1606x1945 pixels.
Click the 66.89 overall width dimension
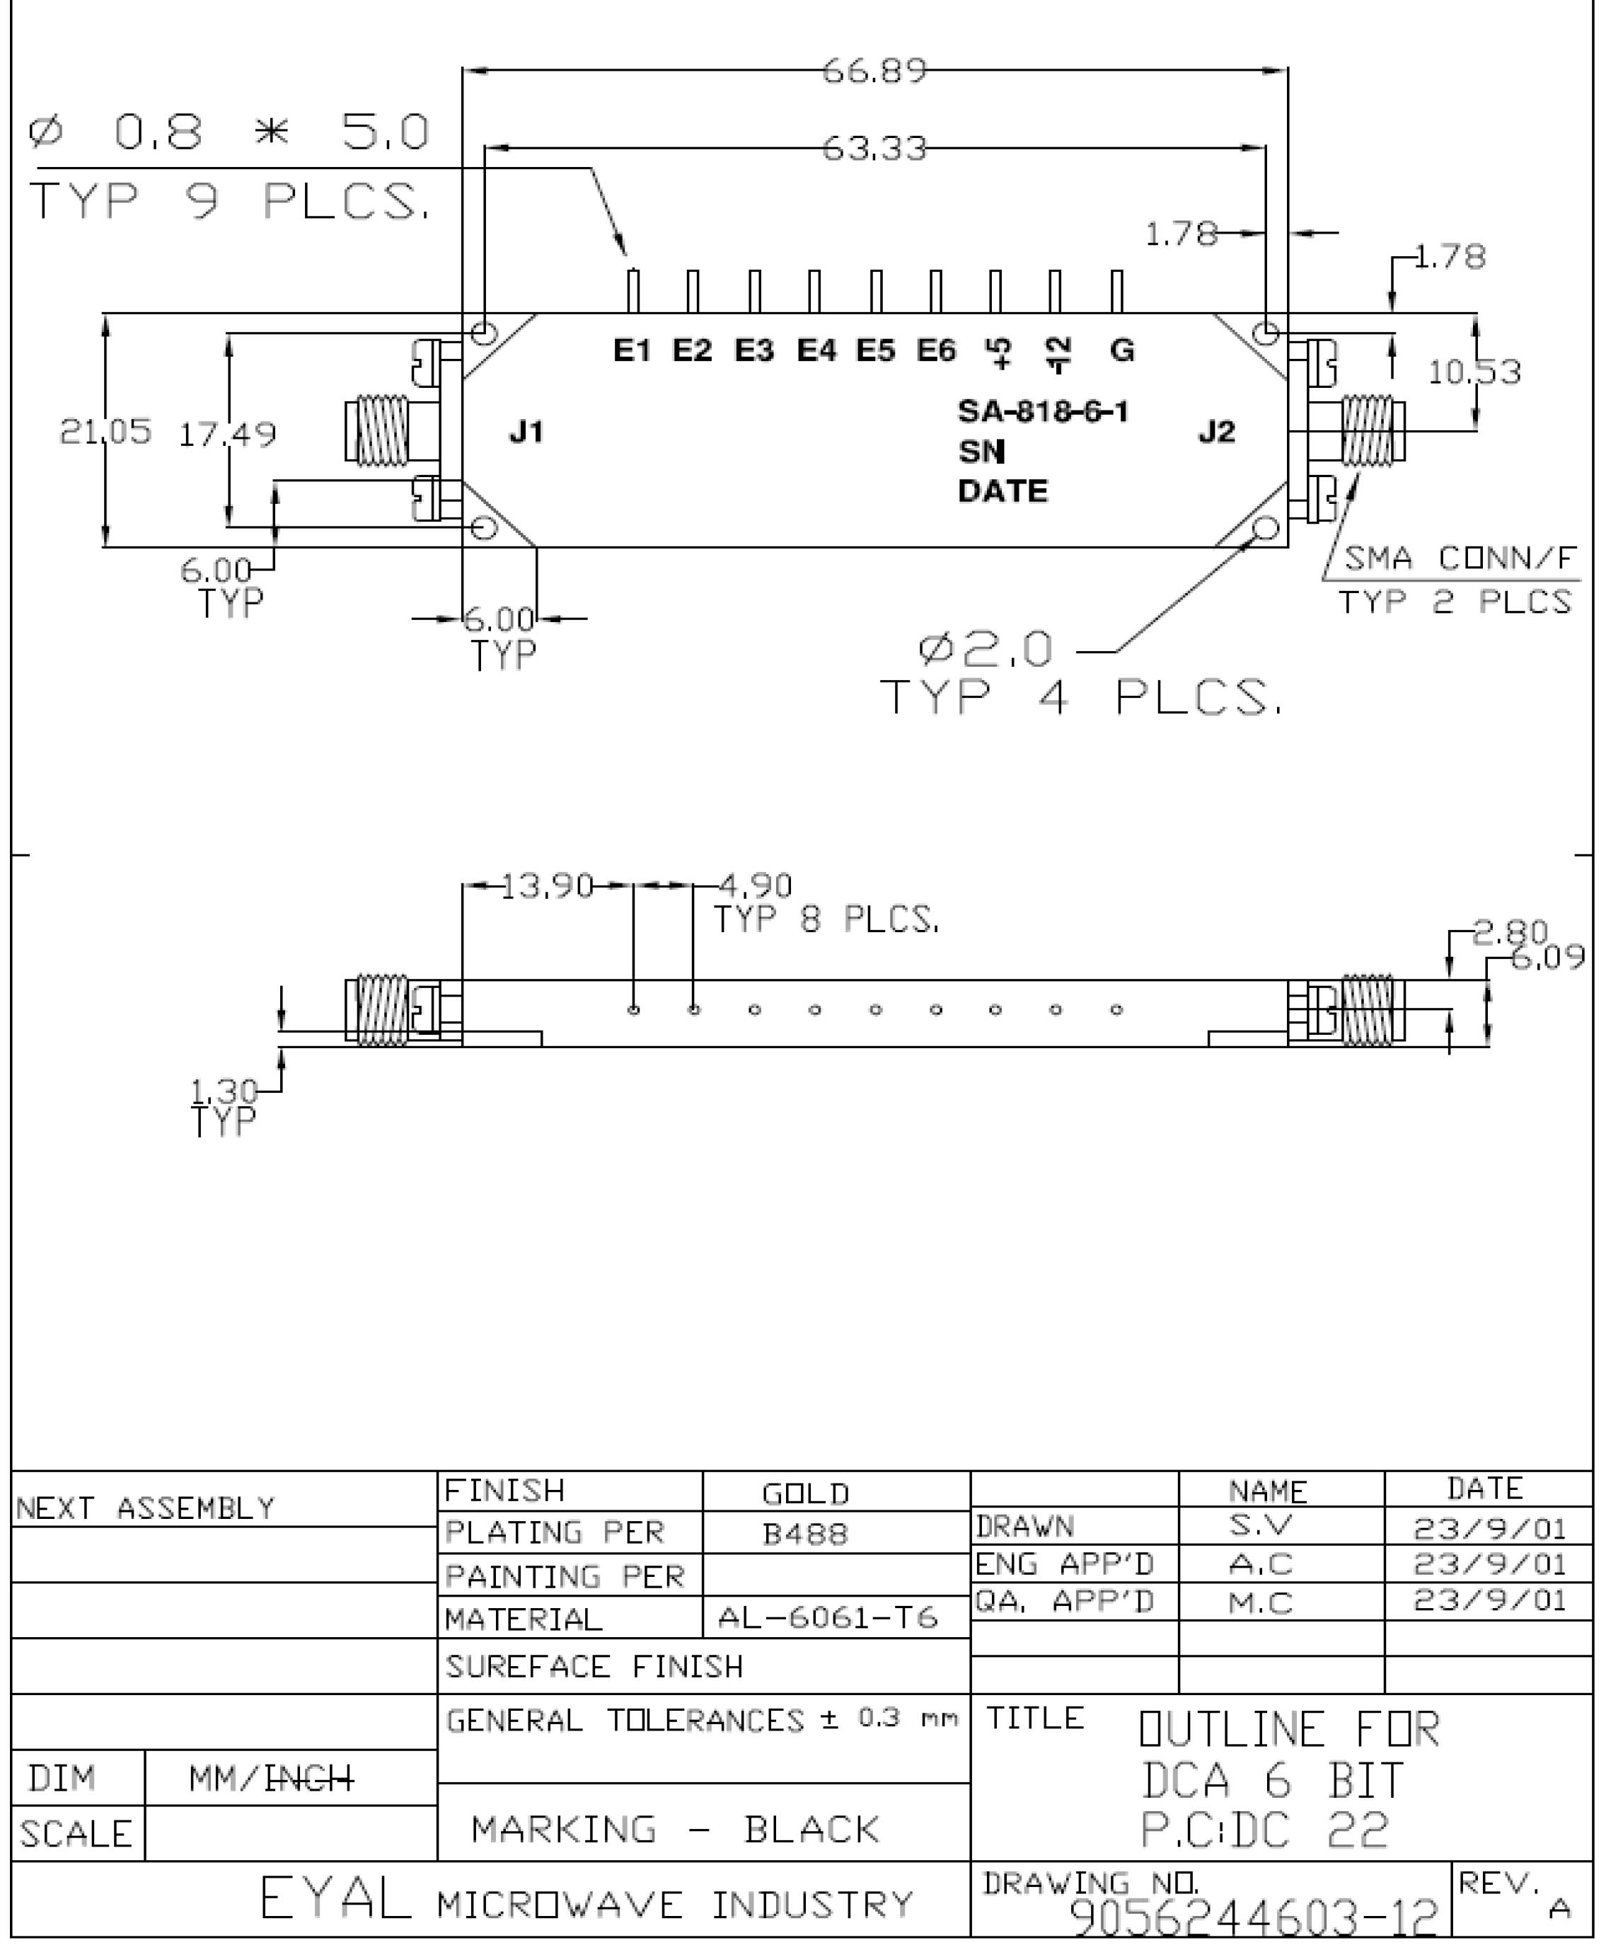pos(874,70)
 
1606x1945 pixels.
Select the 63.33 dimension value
pos(874,148)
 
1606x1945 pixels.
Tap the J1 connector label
pos(526,431)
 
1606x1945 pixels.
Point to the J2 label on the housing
pos(1216,431)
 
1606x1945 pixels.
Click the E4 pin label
pos(816,350)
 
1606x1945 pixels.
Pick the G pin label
pos(1122,350)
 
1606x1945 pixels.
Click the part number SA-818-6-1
pos(1044,411)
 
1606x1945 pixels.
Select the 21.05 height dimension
pos(105,431)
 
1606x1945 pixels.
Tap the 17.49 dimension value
pos(228,434)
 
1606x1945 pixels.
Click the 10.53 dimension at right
pos(1474,372)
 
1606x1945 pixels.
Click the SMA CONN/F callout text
pos(1459,558)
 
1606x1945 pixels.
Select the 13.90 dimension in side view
pos(547,885)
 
